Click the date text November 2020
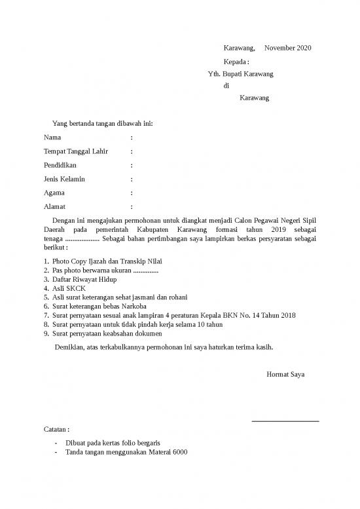[288, 48]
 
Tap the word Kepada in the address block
[235, 62]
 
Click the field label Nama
[52, 138]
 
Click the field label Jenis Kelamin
[64, 179]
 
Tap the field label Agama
[54, 193]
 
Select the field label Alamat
[55, 207]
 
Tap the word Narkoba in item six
[134, 306]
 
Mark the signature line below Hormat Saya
[285, 421]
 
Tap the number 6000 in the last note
[179, 452]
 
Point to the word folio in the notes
[124, 443]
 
